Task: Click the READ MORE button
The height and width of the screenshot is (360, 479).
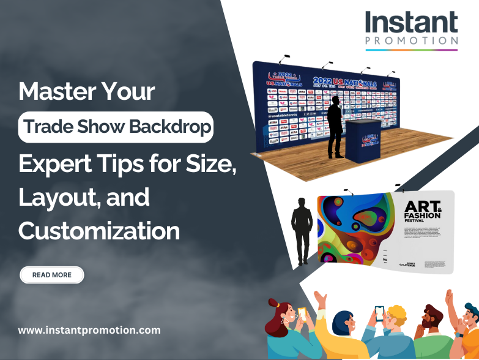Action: point(52,275)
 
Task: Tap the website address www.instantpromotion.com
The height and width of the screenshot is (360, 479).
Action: point(89,330)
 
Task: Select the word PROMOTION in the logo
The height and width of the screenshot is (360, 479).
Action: point(411,41)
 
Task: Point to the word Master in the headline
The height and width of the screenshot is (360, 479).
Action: point(52,92)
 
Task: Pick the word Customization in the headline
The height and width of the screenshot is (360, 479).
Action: point(99,231)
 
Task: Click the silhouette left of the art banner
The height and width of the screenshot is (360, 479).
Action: point(302,230)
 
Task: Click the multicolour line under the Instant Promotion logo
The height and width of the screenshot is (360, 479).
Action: point(411,50)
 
